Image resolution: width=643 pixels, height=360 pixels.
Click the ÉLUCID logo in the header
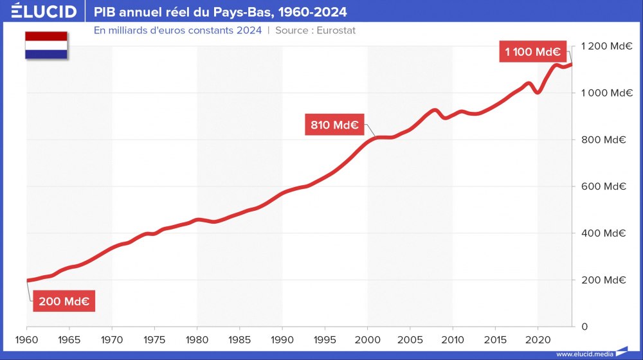coord(44,12)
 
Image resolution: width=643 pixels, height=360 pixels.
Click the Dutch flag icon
coord(46,46)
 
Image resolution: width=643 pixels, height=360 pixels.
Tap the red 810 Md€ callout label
coord(334,125)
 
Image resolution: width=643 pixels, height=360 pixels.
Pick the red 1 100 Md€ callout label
coord(532,52)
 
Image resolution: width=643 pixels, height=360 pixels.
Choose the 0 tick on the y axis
coord(584,327)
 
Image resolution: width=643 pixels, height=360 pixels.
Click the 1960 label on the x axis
coord(26,339)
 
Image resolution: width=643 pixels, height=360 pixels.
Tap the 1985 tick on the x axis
coord(239,339)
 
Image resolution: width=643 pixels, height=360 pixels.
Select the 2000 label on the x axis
coord(367,339)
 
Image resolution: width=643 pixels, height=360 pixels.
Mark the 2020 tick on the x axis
coord(538,339)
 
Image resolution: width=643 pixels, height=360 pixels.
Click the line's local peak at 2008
coord(435,111)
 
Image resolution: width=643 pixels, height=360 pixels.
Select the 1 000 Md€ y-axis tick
coord(605,93)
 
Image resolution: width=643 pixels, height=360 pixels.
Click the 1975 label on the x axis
coord(154,339)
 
